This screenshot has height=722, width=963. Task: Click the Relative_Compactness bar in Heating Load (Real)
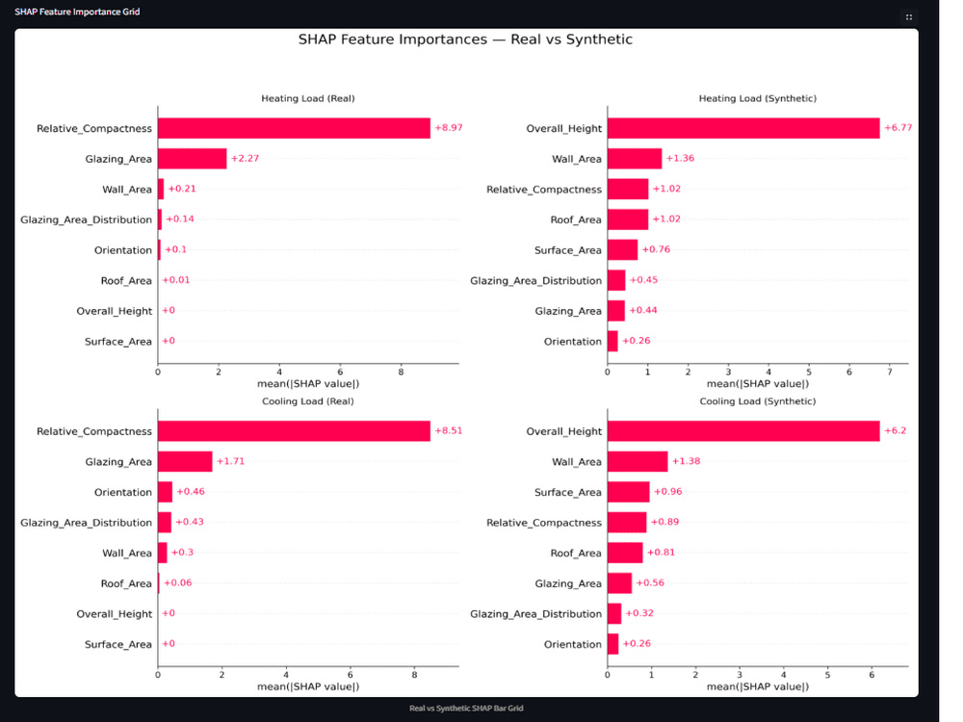point(294,128)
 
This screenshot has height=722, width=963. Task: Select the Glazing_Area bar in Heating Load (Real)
point(193,159)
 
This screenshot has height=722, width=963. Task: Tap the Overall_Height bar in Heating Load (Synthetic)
point(743,128)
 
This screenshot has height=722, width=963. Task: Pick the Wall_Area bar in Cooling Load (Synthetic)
point(638,462)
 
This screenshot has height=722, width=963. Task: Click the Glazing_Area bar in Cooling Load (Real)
point(185,462)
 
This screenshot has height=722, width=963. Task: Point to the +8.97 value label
point(449,128)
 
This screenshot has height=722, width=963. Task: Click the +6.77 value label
point(898,128)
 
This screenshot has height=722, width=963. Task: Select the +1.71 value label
point(230,461)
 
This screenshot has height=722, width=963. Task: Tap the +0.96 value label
point(668,491)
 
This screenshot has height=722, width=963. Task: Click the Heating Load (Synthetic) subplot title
point(758,98)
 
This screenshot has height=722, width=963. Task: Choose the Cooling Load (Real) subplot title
point(308,400)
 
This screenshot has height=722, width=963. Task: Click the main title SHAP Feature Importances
point(465,39)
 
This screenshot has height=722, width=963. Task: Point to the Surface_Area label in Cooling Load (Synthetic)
point(568,492)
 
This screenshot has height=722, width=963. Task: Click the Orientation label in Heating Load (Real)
point(123,250)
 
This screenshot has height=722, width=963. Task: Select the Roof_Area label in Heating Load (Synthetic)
point(576,219)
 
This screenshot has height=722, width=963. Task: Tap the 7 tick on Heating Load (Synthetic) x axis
point(889,372)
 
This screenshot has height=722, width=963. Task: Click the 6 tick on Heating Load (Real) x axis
point(340,372)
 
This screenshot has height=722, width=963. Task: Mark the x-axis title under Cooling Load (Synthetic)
point(758,686)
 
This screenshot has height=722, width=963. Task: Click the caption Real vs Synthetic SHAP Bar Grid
point(466,709)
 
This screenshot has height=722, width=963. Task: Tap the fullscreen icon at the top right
point(909,17)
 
